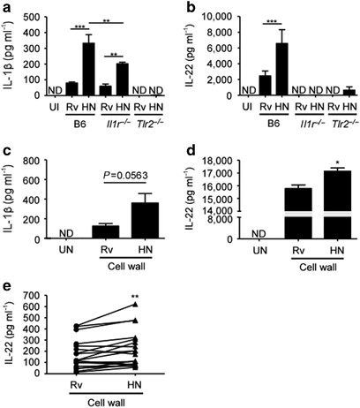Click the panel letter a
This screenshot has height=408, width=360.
pyautogui.click(x=6, y=8)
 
